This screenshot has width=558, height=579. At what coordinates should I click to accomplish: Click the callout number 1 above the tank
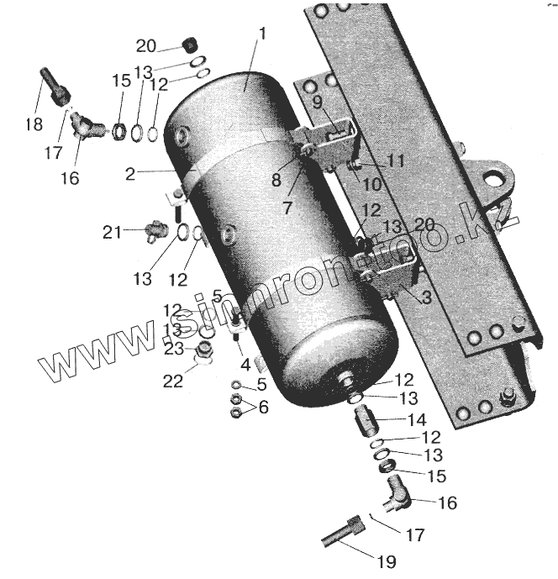tap(262, 35)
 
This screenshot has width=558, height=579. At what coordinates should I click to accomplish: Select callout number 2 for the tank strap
tap(130, 175)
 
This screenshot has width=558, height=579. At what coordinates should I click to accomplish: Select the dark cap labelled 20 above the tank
tap(189, 45)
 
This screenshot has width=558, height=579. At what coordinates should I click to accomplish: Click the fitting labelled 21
tap(155, 229)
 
